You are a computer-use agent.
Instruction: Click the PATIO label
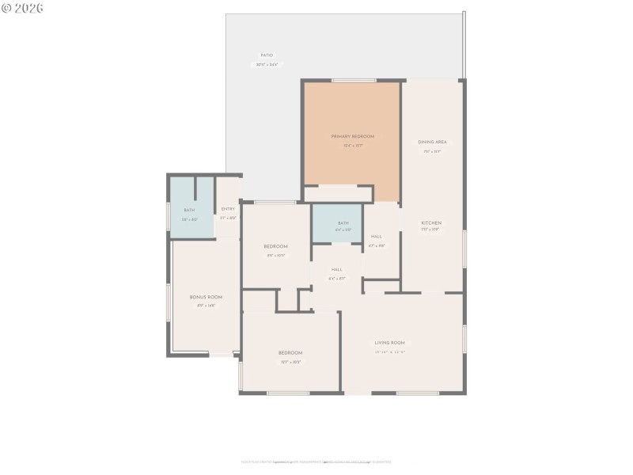(267, 55)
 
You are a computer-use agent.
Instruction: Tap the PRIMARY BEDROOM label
(352, 136)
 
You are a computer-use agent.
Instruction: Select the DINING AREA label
(432, 142)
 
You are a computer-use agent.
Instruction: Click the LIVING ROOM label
(390, 343)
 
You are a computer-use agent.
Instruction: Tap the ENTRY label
(228, 209)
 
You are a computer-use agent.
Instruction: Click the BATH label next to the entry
(189, 209)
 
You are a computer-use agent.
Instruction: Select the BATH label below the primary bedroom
(343, 223)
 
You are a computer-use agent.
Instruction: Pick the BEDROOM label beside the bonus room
(275, 246)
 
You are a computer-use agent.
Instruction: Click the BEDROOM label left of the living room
(290, 352)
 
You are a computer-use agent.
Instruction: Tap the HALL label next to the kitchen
(377, 236)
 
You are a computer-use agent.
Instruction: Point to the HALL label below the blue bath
(337, 269)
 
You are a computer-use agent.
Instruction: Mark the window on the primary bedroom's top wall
(354, 80)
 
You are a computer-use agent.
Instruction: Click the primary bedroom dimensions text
(352, 146)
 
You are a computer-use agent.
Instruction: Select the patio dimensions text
(267, 65)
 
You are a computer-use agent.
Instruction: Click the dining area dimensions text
(432, 151)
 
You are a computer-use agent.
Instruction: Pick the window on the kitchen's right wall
(464, 249)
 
